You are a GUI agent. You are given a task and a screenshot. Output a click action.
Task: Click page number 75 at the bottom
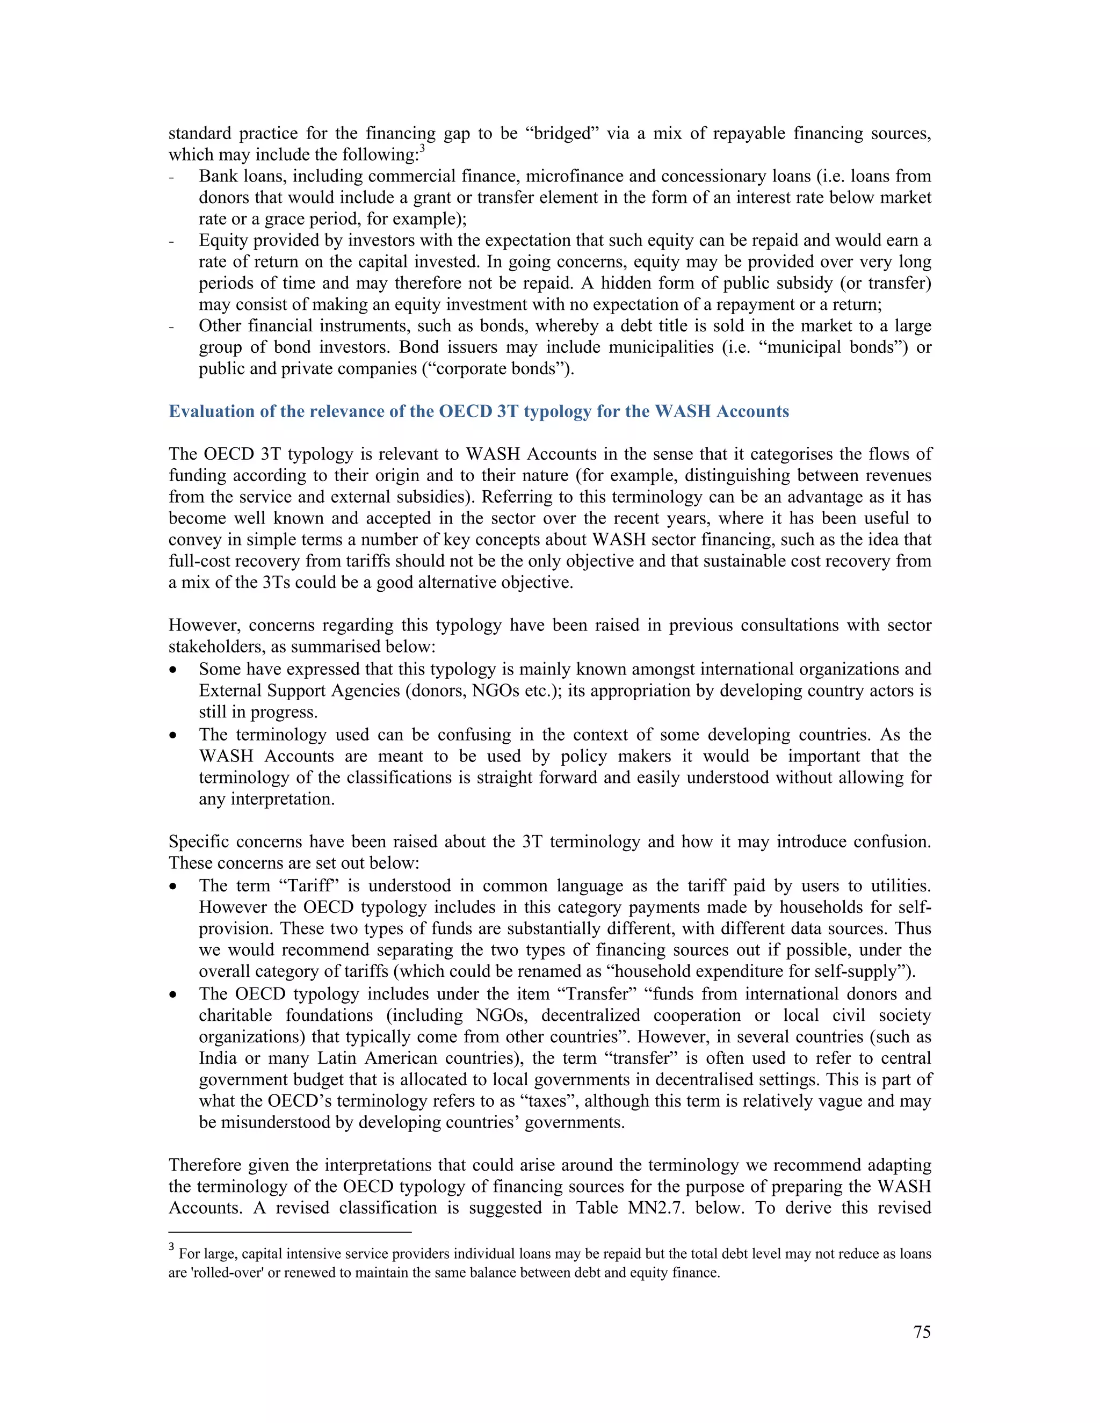tap(922, 1332)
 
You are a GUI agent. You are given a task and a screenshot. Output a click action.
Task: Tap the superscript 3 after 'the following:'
tap(422, 149)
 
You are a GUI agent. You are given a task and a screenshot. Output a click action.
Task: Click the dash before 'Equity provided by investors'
tap(171, 242)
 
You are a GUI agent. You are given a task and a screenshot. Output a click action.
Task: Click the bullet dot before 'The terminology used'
tap(173, 736)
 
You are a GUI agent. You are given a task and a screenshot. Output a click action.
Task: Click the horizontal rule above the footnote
tap(290, 1232)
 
